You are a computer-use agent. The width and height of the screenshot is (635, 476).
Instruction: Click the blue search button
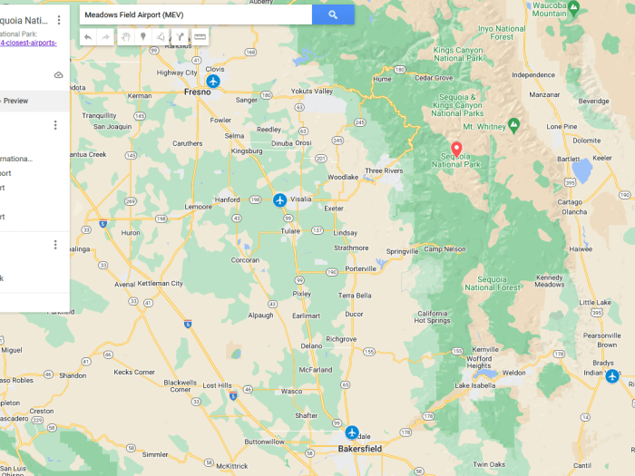pos(333,15)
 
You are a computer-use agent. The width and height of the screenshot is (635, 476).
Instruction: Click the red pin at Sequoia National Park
pos(456,149)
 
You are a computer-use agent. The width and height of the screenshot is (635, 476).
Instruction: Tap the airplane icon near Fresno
pos(213,82)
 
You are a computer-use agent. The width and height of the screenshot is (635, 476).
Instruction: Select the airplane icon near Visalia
pos(279,199)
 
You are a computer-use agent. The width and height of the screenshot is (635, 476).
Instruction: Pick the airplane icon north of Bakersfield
pos(351,432)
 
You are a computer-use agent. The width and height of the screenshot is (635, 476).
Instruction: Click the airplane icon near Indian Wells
pos(612,375)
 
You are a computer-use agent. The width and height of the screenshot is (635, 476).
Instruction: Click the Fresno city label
pos(197,92)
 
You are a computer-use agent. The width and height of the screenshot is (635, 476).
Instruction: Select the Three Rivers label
pos(384,170)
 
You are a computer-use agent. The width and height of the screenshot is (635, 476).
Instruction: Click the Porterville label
pos(361,268)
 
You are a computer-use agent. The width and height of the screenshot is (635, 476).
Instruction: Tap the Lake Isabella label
pos(475,386)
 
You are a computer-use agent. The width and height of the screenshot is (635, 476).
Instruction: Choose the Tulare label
pos(290,231)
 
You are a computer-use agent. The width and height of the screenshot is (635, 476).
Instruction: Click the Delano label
pos(311,345)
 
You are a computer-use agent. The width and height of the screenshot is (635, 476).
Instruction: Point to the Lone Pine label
pos(562,127)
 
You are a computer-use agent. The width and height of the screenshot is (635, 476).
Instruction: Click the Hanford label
pos(227,199)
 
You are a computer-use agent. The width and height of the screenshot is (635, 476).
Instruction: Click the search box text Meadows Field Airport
pos(127,15)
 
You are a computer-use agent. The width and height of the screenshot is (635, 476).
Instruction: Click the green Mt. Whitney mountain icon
pos(513,124)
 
